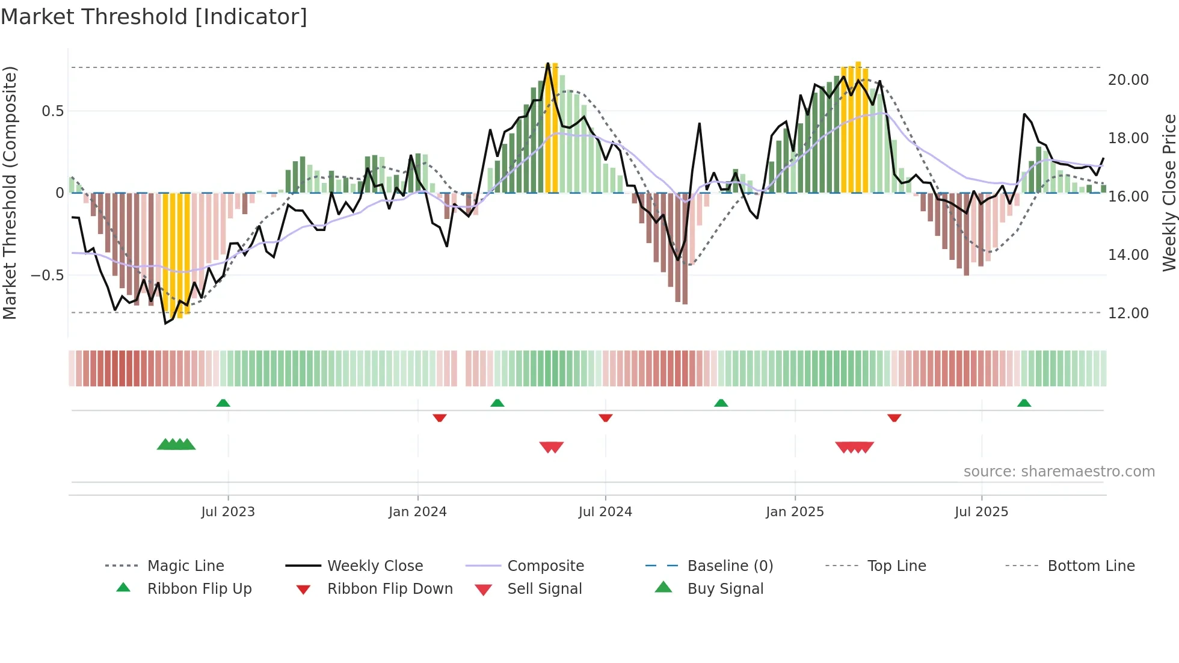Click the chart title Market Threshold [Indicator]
(154, 17)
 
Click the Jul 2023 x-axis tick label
(228, 512)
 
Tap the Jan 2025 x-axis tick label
(795, 512)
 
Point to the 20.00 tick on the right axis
(1128, 80)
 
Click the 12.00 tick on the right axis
(1128, 313)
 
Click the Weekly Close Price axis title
(1169, 193)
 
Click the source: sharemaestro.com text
(1059, 472)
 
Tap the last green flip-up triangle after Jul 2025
(1024, 403)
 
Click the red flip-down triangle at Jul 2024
(606, 418)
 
